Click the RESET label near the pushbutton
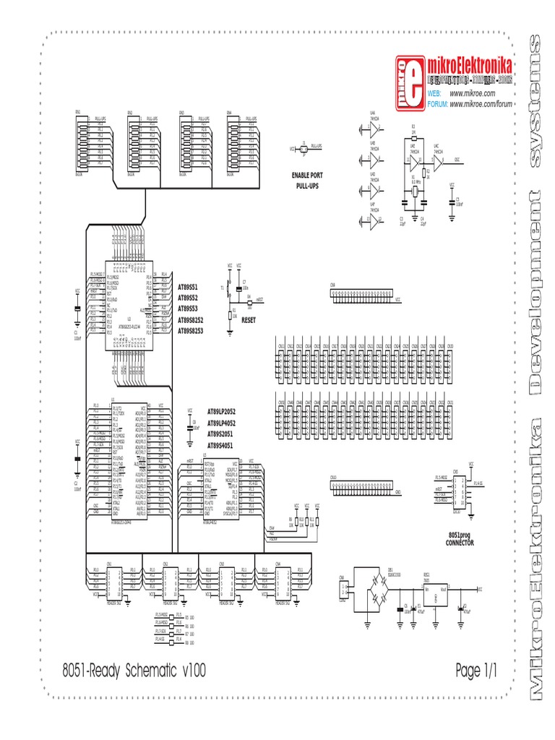[249, 319]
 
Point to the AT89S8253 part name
[191, 330]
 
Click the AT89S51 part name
[188, 287]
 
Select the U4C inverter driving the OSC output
[439, 160]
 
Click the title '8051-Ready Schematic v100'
[134, 671]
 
